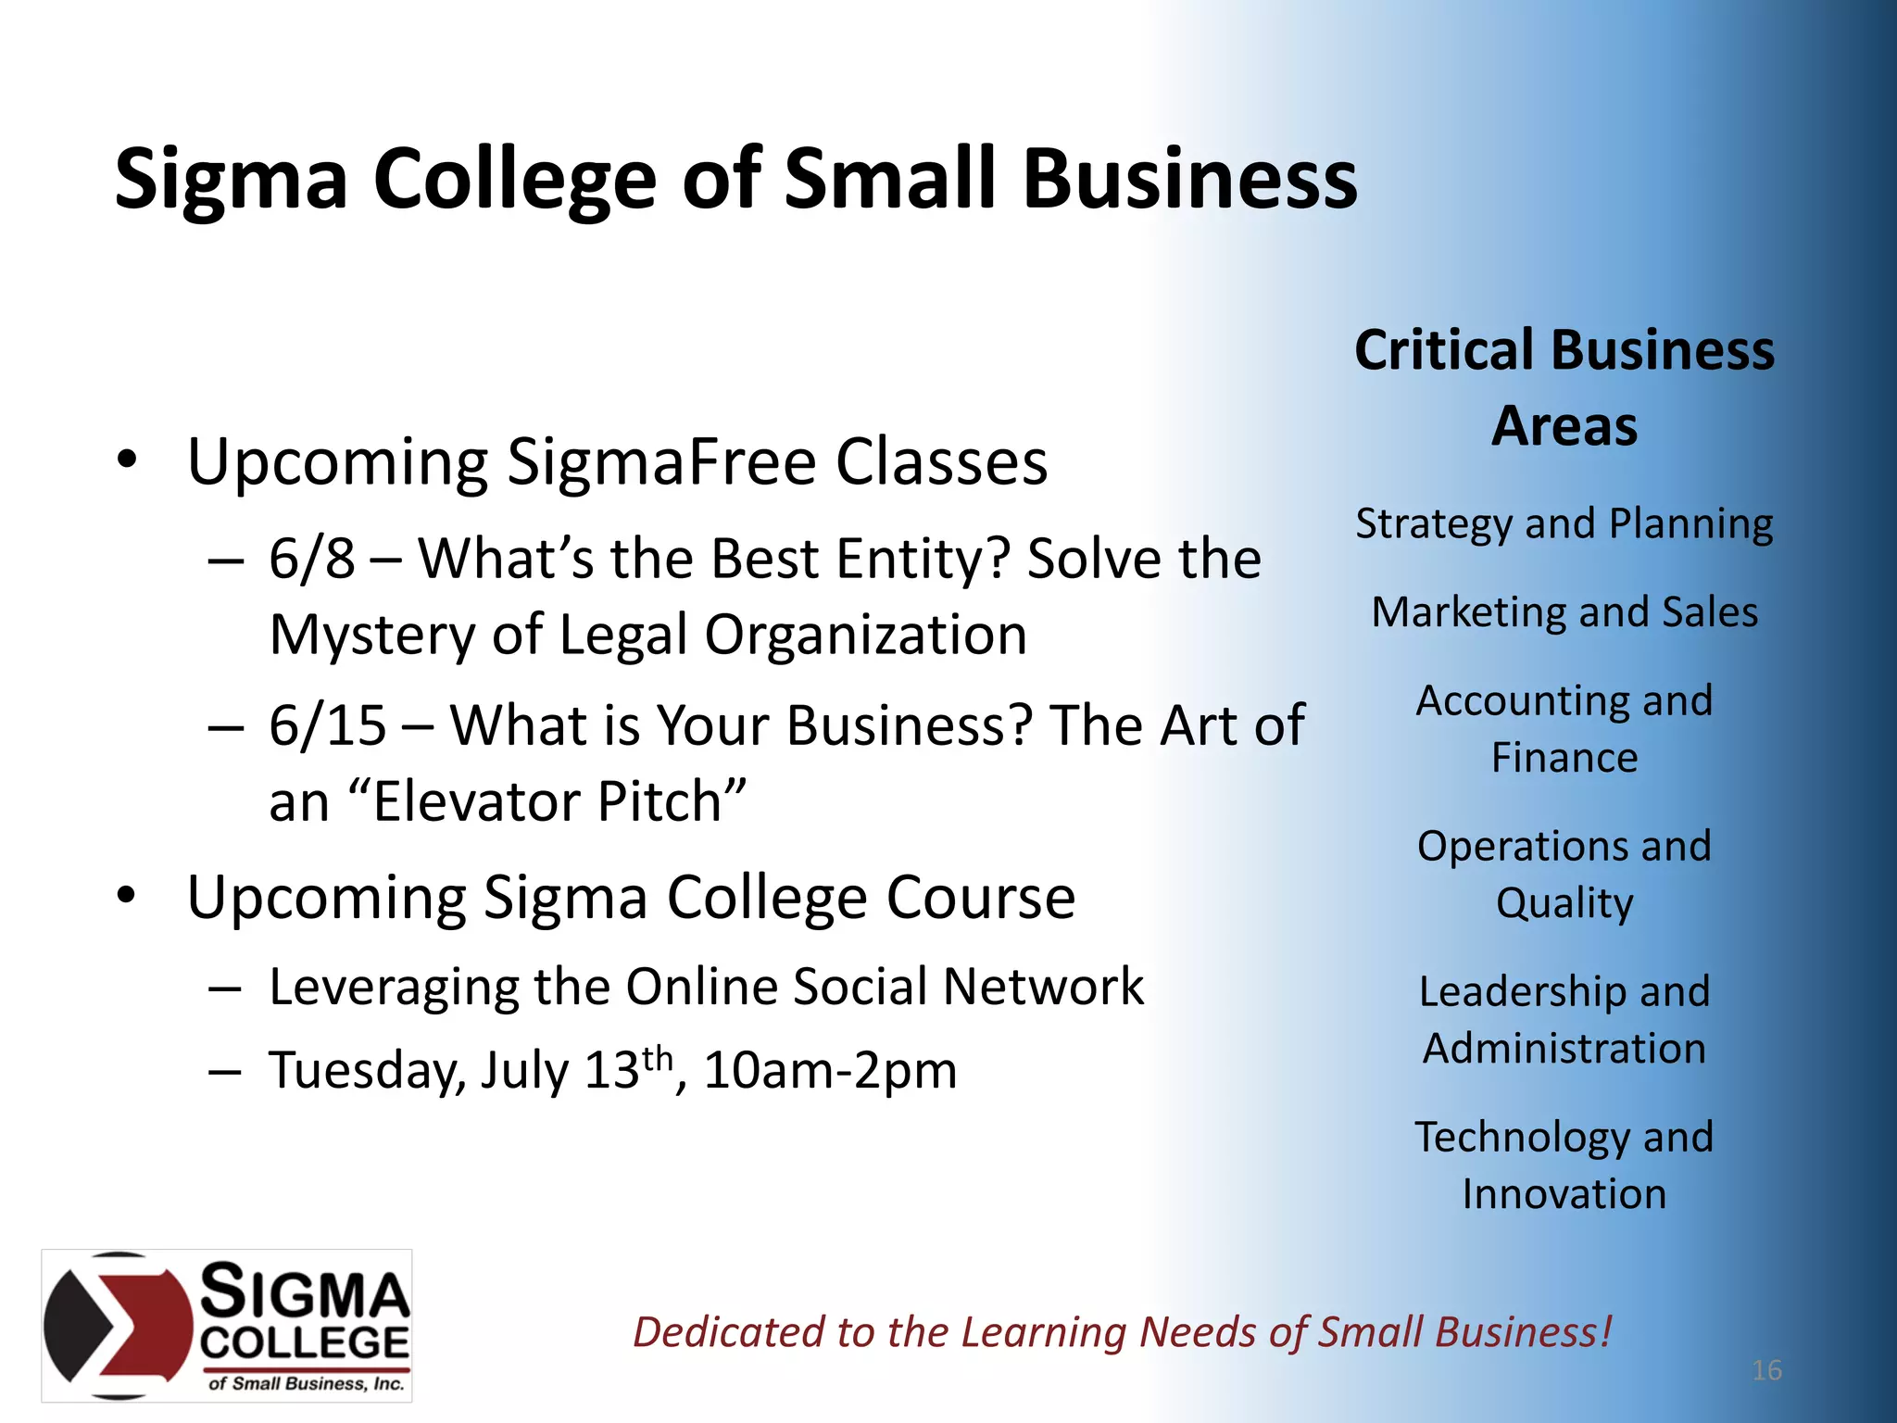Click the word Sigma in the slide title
point(231,180)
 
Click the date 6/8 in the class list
point(311,559)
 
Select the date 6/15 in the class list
point(327,725)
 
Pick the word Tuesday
point(367,1071)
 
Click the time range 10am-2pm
point(830,1071)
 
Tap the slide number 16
point(1766,1370)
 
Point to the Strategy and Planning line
point(1564,524)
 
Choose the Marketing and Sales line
point(1564,613)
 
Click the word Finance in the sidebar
point(1564,759)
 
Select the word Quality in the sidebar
point(1564,904)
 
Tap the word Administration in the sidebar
point(1564,1050)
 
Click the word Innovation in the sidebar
point(1564,1195)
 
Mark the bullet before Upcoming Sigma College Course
point(127,896)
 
